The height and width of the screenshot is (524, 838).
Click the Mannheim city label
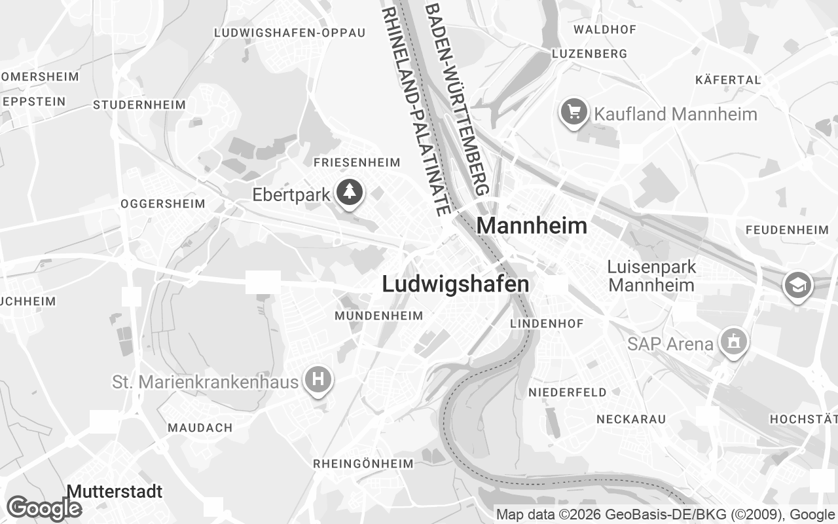click(x=532, y=225)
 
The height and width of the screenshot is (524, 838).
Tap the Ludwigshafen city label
click(x=455, y=284)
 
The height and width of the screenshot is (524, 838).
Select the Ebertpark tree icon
click(x=350, y=193)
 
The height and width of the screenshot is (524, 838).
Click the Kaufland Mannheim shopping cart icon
click(x=574, y=113)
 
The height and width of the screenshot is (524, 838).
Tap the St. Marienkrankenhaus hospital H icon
click(x=318, y=380)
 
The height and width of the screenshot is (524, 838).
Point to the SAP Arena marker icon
click(x=732, y=341)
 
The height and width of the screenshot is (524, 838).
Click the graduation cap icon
click(x=798, y=285)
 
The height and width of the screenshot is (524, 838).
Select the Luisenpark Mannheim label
click(x=651, y=276)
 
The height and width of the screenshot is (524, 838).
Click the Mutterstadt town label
click(x=115, y=491)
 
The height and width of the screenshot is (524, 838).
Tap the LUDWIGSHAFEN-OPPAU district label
click(x=289, y=33)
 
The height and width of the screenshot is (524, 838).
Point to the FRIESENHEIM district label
click(x=357, y=162)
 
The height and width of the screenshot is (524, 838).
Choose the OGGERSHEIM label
click(x=163, y=204)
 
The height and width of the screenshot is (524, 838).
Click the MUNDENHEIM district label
click(x=378, y=316)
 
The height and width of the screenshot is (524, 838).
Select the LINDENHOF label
click(x=547, y=324)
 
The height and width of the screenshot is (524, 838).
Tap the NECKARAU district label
click(x=631, y=419)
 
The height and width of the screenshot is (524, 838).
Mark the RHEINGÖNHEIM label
click(x=363, y=464)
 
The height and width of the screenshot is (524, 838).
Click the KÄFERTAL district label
click(x=728, y=80)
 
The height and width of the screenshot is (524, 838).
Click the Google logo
click(x=43, y=508)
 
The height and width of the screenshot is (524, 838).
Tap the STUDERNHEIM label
click(x=139, y=105)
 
